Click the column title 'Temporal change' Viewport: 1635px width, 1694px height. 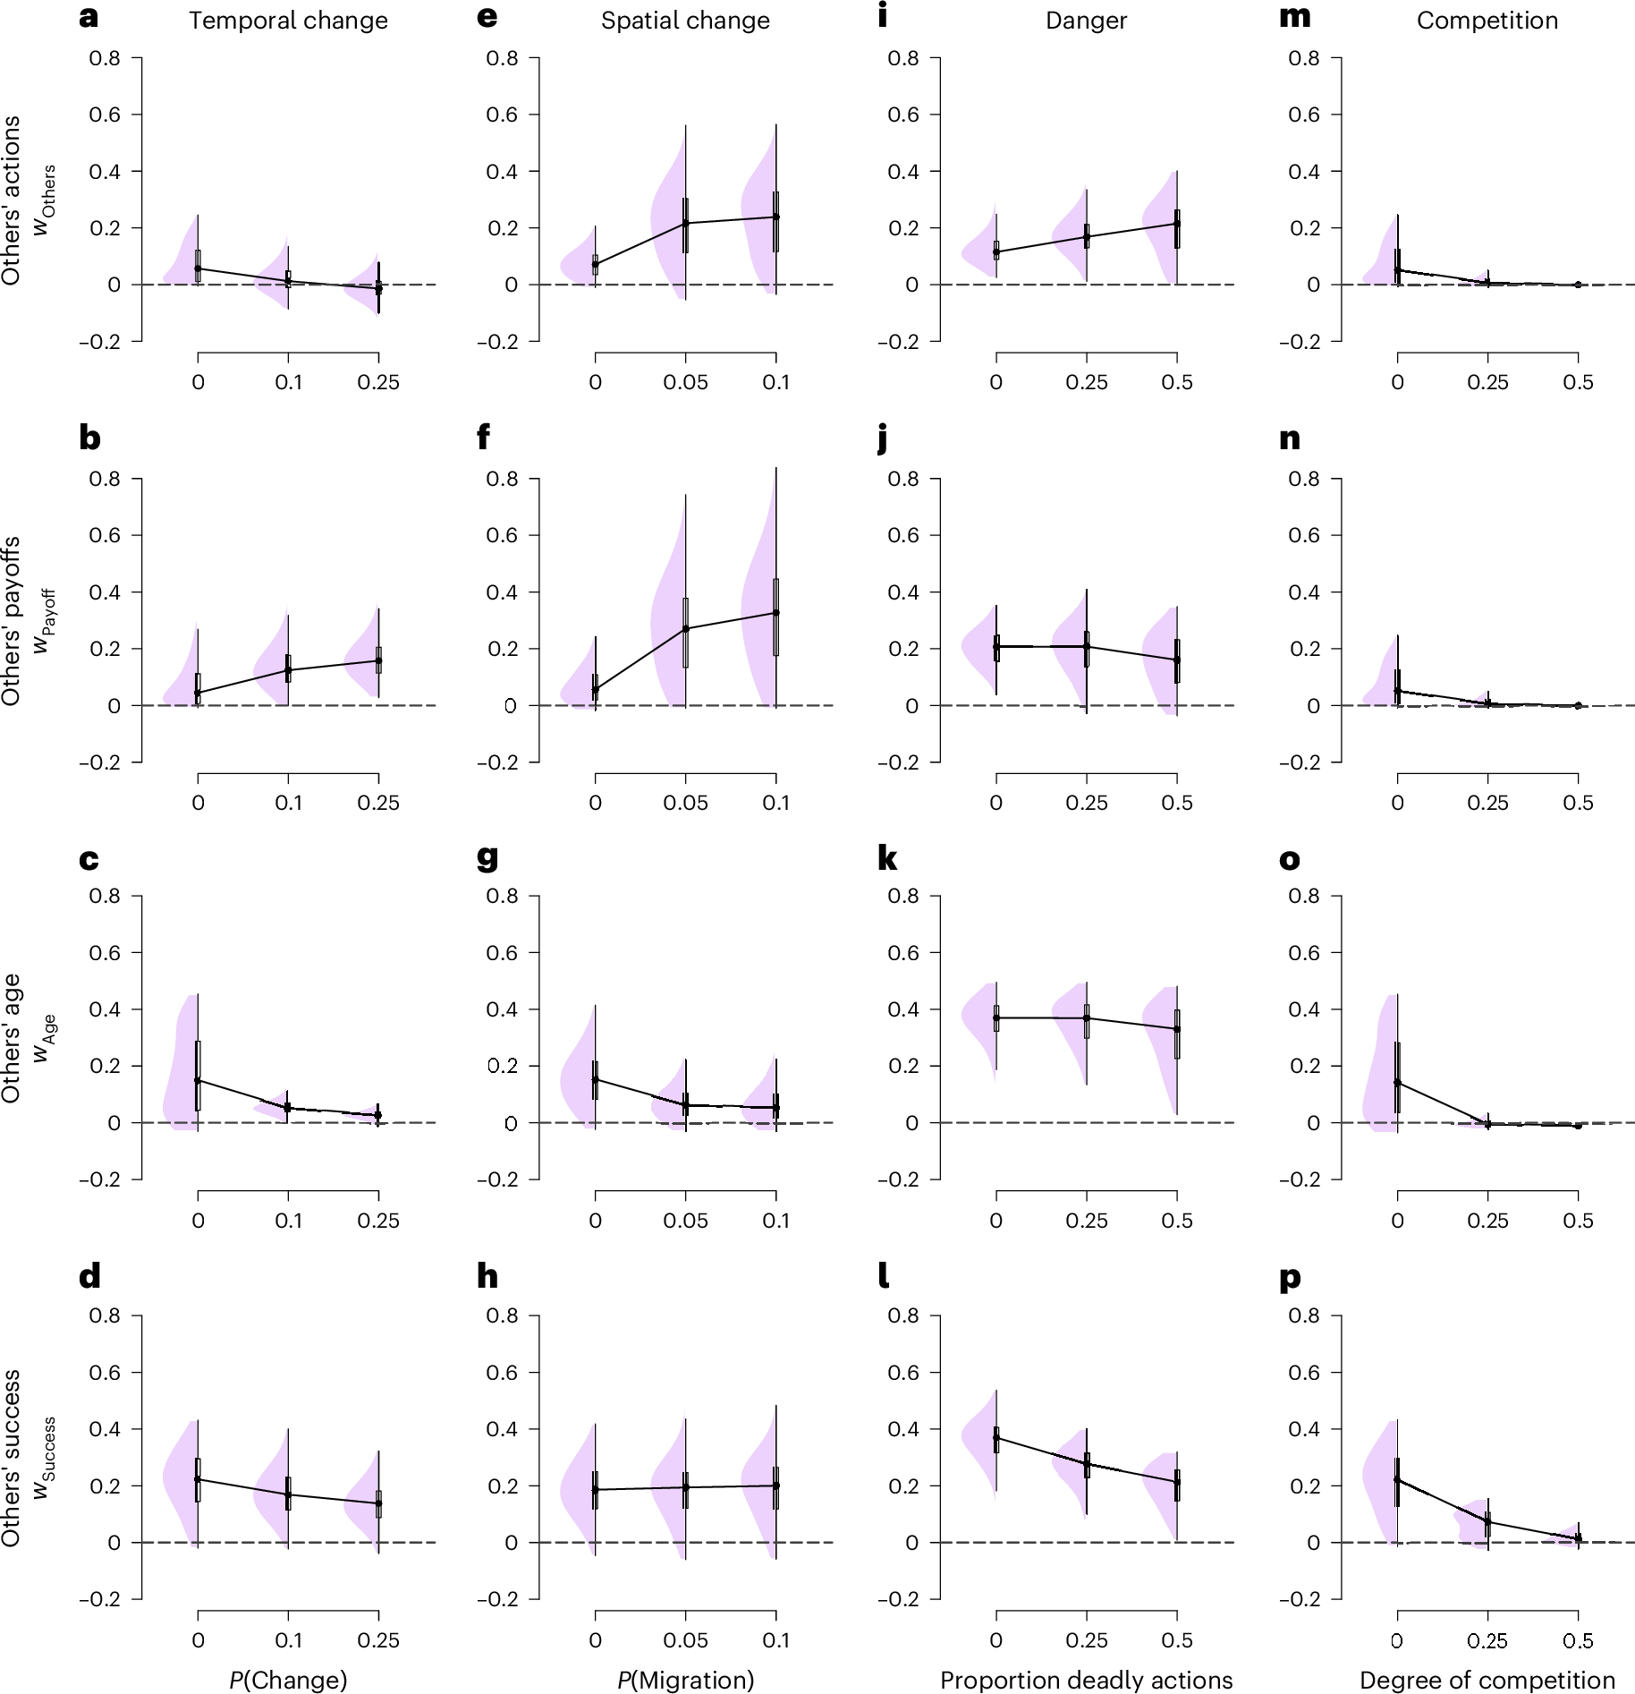click(288, 21)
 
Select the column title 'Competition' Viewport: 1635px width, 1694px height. click(1487, 21)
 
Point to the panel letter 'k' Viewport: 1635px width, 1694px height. click(887, 859)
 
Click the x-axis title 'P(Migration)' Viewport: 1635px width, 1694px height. click(685, 1680)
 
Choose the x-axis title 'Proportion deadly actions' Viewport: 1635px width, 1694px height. click(1086, 1680)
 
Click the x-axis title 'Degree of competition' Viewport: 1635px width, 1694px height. click(1487, 1680)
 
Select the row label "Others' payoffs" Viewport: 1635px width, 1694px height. click(11, 621)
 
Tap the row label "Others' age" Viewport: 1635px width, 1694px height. click(11, 1038)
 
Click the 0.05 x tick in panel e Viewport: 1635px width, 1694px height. click(685, 383)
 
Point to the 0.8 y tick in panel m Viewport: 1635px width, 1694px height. click(1303, 58)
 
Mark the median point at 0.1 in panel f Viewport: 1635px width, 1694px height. click(775, 613)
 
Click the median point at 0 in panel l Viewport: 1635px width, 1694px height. click(995, 1437)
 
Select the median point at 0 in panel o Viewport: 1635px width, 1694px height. click(1397, 1082)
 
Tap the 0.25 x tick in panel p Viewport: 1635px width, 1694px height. click(1487, 1640)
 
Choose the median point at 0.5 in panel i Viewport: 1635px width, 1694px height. click(1177, 223)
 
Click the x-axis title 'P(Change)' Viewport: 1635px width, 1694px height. click(288, 1680)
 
